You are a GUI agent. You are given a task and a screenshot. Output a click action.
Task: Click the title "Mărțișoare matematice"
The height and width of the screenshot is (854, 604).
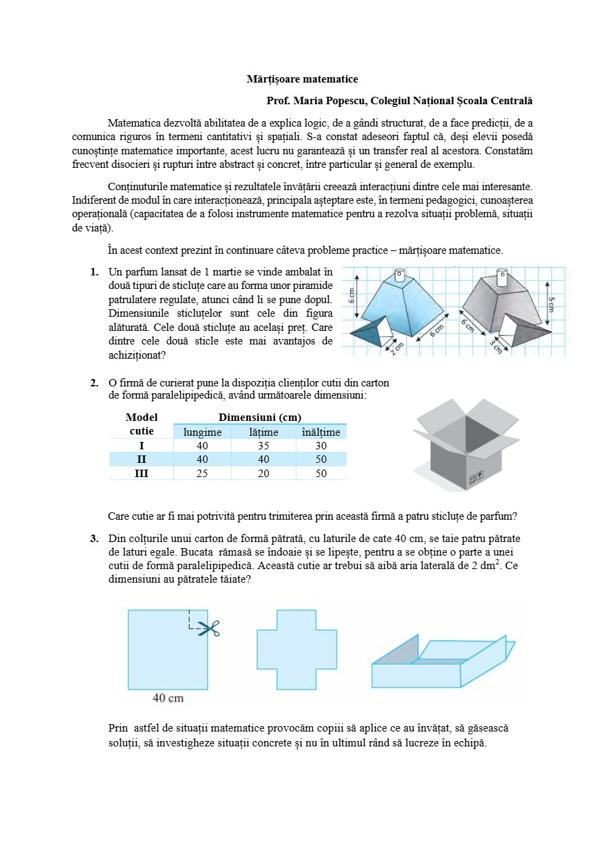tap(302, 79)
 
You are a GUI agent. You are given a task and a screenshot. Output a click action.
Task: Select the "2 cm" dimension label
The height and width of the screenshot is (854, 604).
tap(397, 346)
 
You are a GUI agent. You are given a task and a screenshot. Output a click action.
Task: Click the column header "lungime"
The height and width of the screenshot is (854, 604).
tap(202, 432)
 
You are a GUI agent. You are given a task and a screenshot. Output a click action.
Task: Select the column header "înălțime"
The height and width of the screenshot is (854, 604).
tap(320, 432)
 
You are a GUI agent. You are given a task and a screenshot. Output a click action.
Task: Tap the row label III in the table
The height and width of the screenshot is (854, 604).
tap(141, 474)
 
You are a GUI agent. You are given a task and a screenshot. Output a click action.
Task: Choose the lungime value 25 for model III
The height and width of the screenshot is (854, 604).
tap(202, 474)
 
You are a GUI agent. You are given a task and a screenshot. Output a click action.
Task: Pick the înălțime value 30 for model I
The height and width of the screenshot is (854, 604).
tap(320, 446)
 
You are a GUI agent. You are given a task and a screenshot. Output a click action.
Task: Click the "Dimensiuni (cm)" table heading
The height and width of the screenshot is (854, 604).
tap(260, 418)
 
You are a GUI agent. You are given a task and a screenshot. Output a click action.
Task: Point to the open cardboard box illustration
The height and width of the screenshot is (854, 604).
tap(457, 443)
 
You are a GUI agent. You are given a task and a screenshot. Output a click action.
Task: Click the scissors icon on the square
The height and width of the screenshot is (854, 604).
tap(211, 629)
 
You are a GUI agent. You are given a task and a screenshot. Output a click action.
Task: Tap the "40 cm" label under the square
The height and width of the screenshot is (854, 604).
tap(168, 698)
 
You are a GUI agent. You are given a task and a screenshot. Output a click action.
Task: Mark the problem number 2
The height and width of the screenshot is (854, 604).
tap(95, 383)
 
